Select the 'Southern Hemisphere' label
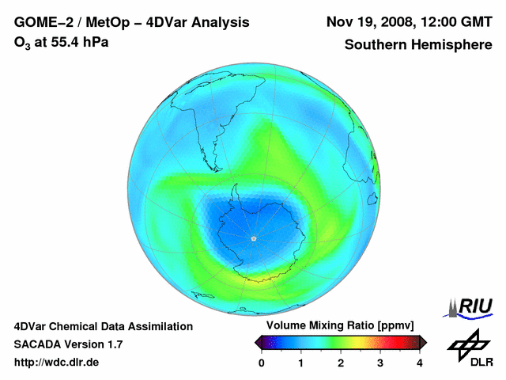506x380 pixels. (x=417, y=44)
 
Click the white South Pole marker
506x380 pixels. (x=253, y=237)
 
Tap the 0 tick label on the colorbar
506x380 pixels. (x=262, y=363)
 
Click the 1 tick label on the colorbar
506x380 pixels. (x=301, y=363)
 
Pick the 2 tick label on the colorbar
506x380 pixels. (x=341, y=363)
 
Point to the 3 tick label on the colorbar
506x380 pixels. (x=380, y=363)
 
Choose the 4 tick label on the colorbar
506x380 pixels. (x=420, y=363)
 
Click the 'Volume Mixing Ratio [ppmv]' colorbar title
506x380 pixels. (x=336, y=326)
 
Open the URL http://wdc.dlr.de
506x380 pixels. (x=57, y=363)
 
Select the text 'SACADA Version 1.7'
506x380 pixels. (x=68, y=344)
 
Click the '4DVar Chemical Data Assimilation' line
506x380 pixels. (x=104, y=326)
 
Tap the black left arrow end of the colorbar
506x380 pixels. (x=259, y=342)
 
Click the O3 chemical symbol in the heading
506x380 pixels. (x=21, y=43)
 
